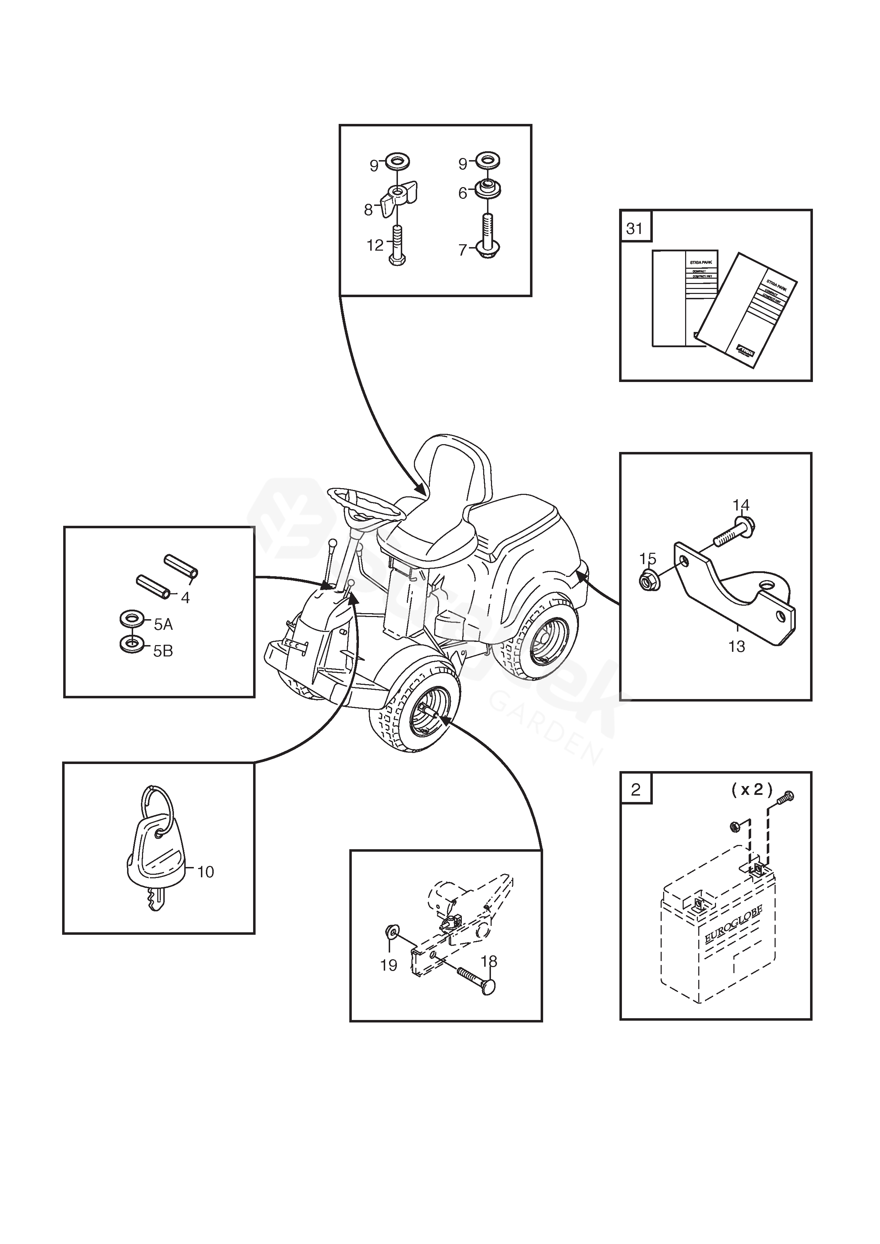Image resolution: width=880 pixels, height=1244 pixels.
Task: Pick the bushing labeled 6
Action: (488, 191)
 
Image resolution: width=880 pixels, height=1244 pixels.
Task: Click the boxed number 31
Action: (635, 228)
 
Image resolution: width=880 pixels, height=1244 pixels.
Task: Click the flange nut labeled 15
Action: (648, 582)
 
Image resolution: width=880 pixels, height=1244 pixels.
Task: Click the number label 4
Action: (185, 598)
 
